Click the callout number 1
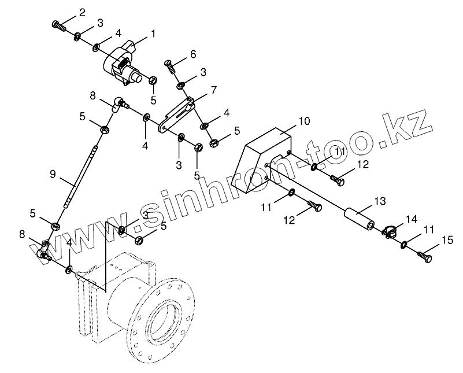[153, 34]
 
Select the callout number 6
[192, 54]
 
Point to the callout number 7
[213, 90]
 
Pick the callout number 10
[305, 121]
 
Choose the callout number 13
[380, 201]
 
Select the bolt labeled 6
[172, 68]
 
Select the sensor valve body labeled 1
[123, 64]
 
